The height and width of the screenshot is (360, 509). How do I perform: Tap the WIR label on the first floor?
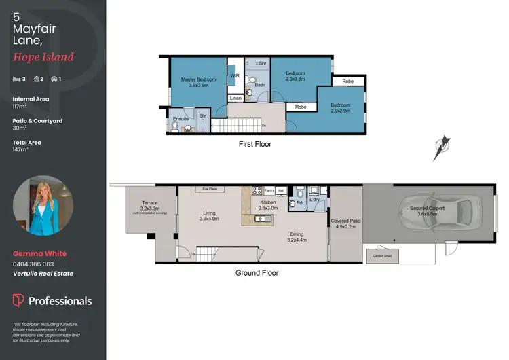234,76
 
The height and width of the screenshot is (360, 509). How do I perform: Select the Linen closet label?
235,98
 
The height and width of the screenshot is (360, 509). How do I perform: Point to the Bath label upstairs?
259,85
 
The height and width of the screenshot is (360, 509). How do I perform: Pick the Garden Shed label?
382,256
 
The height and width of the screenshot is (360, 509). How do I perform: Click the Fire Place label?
209,188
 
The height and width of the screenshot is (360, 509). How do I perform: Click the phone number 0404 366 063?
33,264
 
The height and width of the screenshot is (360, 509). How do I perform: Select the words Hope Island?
43,58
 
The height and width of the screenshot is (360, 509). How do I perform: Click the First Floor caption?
254,144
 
